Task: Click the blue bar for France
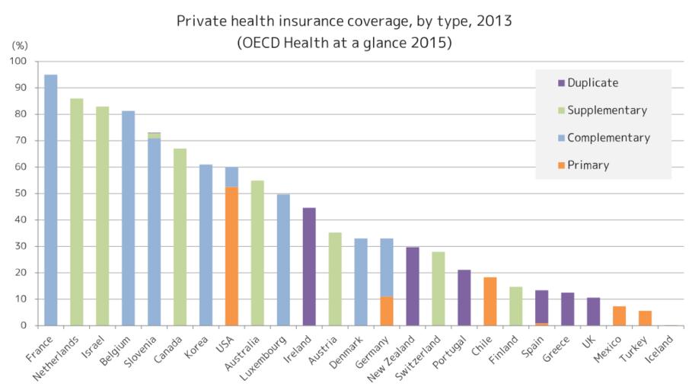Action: (x=51, y=200)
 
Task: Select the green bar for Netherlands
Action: (x=77, y=212)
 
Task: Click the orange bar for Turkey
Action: (x=645, y=318)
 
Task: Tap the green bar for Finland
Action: (x=516, y=305)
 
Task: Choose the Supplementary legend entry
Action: (x=607, y=110)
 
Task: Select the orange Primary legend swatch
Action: (x=562, y=165)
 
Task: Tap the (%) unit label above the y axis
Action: (x=19, y=46)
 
